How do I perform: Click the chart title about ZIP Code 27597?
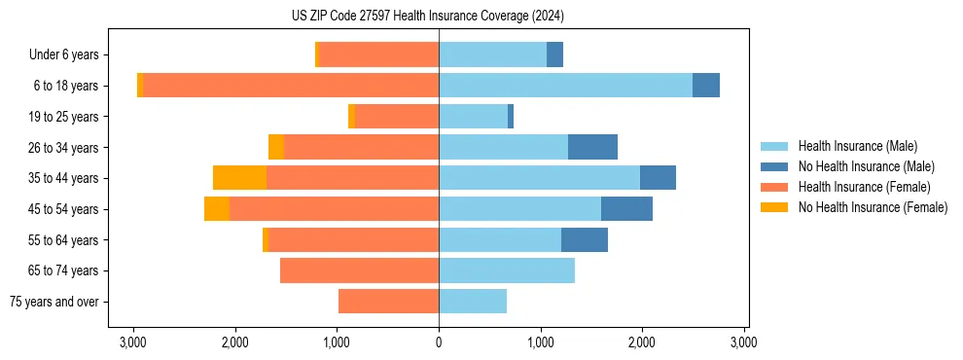[427, 16]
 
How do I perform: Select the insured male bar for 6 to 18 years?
[565, 86]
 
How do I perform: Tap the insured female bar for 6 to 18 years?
[291, 86]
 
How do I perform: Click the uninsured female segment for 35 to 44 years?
[239, 178]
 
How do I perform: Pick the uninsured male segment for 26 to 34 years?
[592, 147]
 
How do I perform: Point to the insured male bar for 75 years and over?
[473, 302]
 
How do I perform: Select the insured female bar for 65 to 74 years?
[359, 270]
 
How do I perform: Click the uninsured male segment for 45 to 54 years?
[626, 209]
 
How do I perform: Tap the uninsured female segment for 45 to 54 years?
[217, 209]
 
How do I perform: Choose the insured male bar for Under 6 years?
[492, 54]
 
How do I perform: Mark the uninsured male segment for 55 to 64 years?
[585, 239]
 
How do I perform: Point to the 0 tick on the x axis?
[439, 342]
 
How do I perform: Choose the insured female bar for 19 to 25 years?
[397, 117]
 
